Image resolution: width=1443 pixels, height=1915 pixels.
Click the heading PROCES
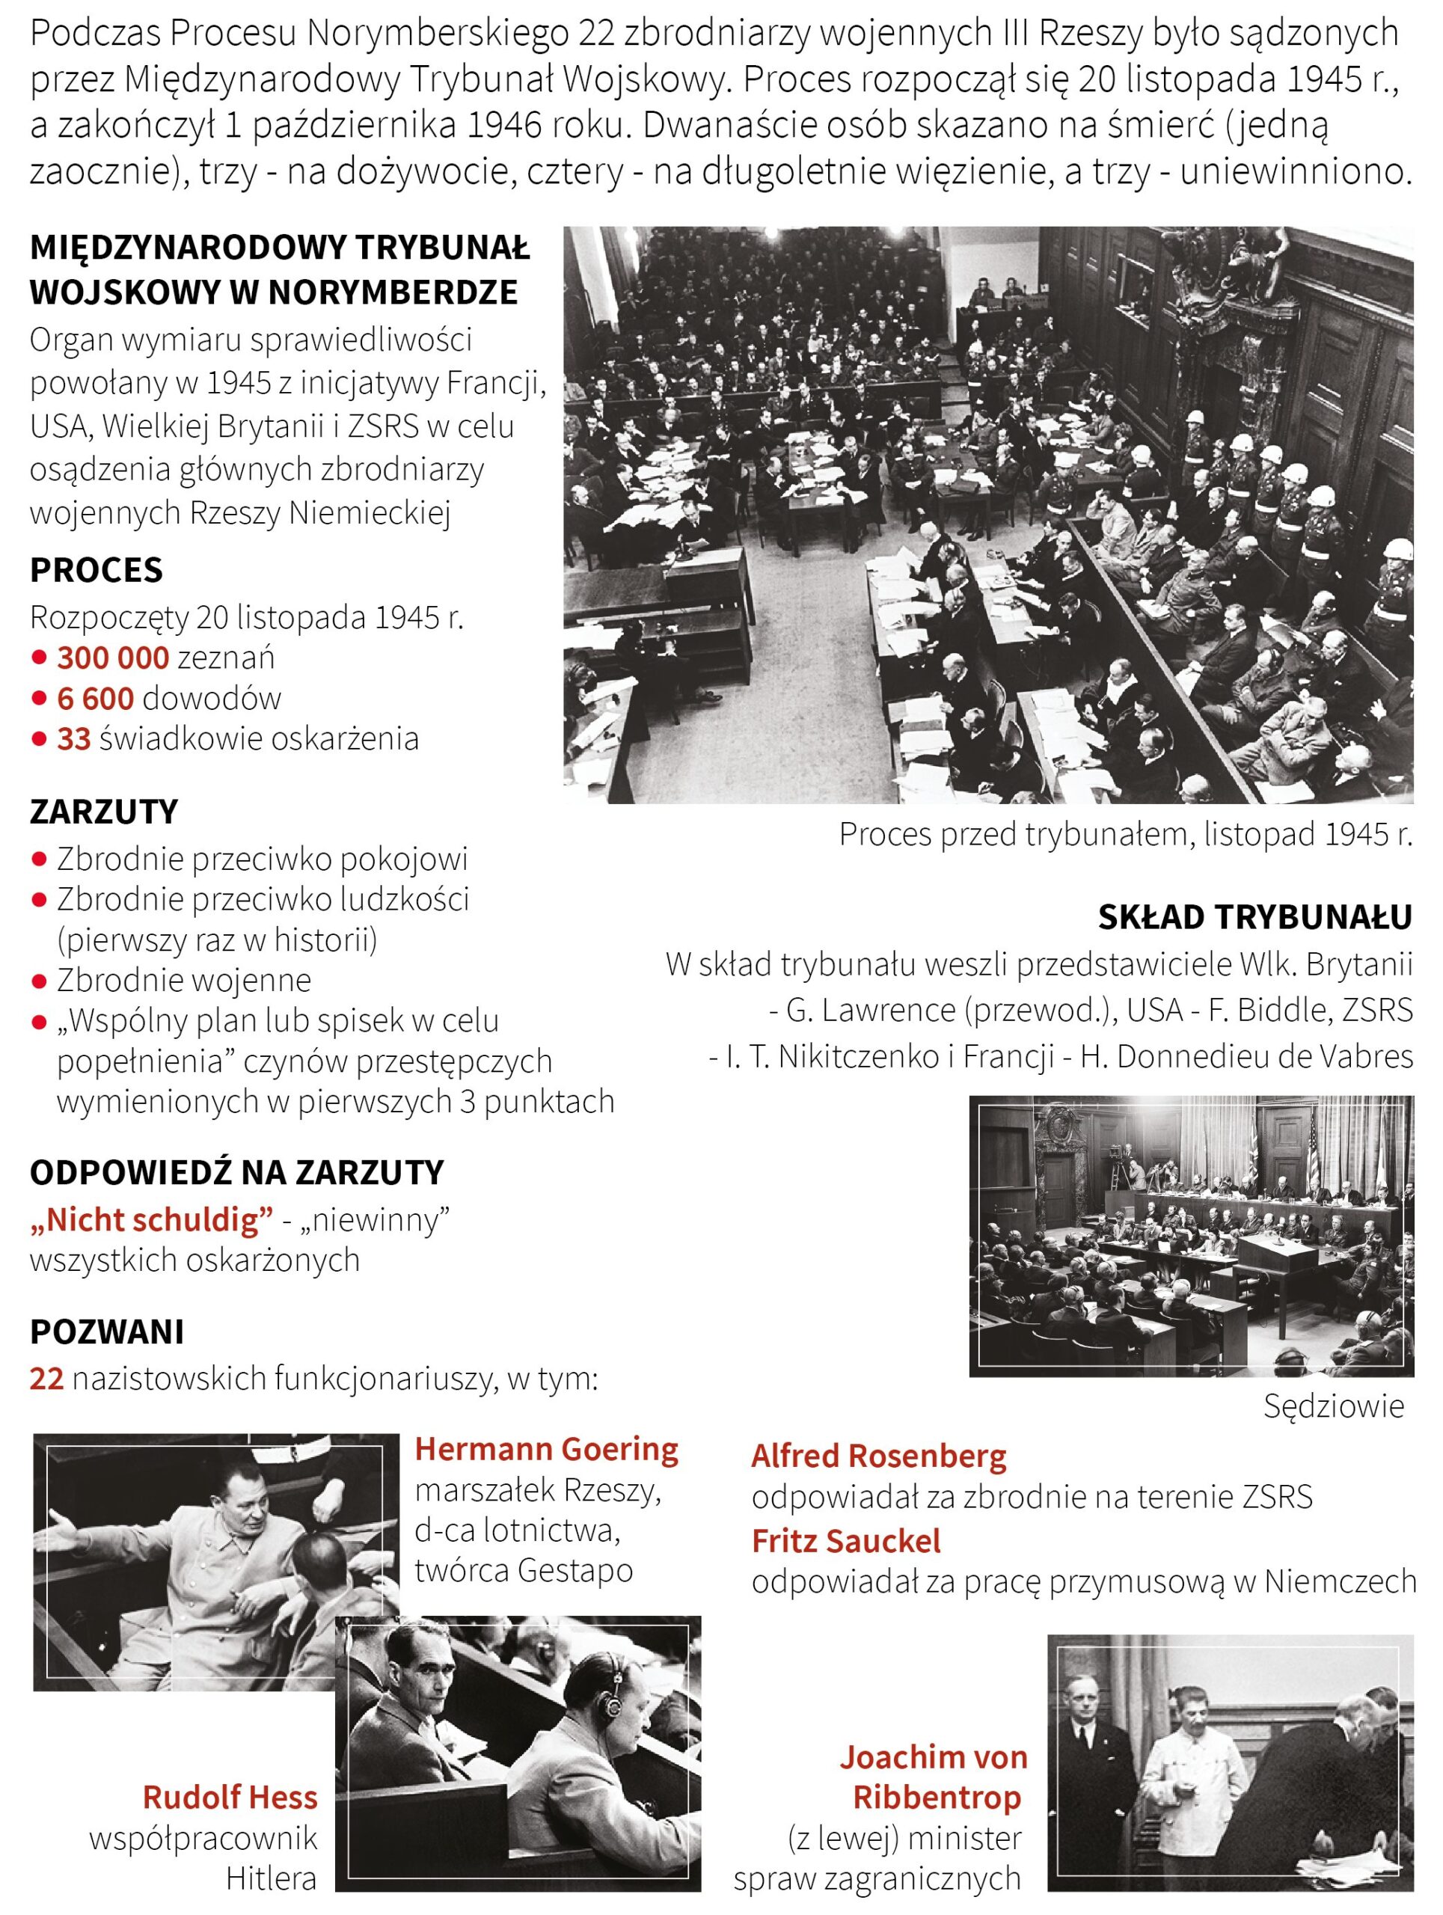tap(96, 570)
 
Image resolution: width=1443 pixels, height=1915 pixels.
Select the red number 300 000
tap(112, 658)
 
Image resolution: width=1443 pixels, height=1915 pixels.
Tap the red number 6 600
tap(95, 698)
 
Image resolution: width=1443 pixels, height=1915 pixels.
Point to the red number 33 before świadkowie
tap(73, 738)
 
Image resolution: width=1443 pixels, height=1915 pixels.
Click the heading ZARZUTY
tap(104, 811)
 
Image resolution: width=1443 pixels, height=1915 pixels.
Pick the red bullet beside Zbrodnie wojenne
tap(38, 981)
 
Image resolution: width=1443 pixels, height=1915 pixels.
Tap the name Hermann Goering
tap(546, 1449)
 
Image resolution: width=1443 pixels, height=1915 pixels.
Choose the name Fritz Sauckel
tap(846, 1541)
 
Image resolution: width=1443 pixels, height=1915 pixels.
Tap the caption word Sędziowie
tap(1333, 1406)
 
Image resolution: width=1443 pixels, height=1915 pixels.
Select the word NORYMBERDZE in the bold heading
tap(394, 292)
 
